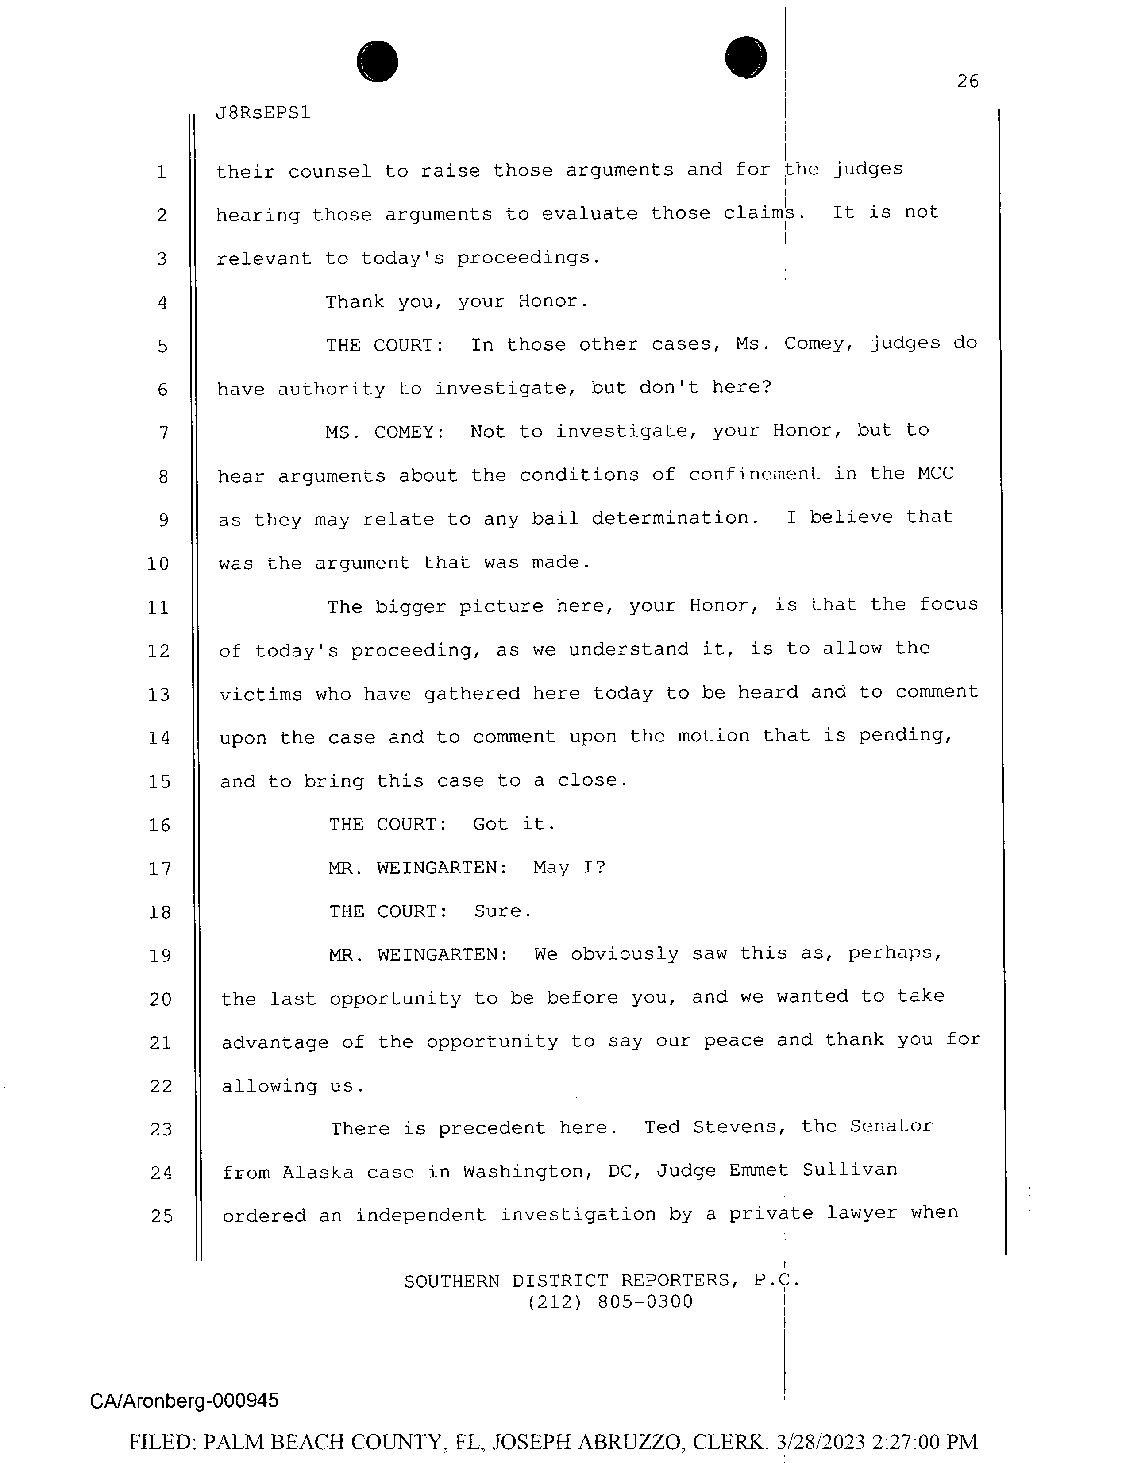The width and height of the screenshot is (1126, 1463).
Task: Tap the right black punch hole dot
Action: click(745, 57)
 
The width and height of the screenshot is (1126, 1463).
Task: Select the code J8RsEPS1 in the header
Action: click(262, 113)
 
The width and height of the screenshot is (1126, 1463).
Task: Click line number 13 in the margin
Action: click(159, 695)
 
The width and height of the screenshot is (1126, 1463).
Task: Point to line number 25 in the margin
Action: click(162, 1216)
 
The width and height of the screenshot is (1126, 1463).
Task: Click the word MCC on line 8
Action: click(935, 474)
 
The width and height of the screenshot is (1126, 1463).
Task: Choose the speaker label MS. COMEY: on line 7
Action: click(385, 432)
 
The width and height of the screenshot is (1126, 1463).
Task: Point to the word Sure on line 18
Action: click(502, 912)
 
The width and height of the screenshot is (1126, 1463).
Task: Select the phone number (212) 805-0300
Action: click(610, 1302)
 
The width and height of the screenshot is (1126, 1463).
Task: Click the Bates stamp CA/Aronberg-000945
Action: click(184, 1401)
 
